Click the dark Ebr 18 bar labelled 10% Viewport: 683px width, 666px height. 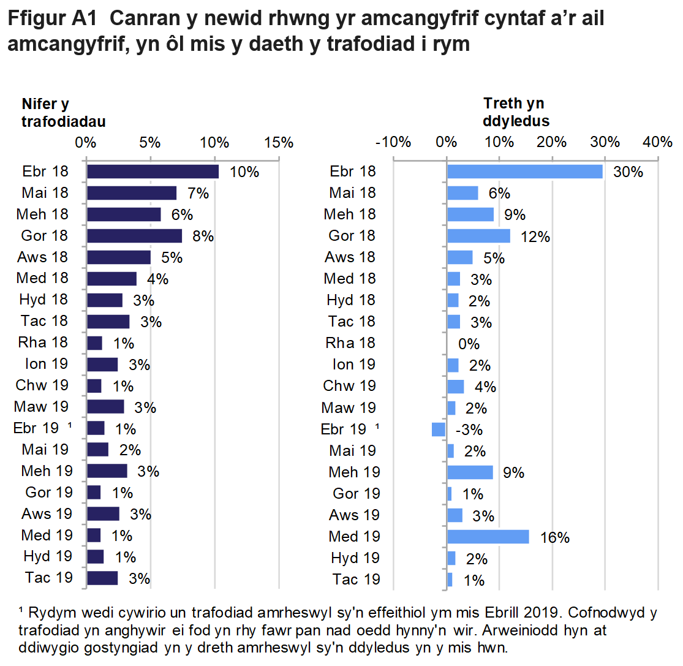pos(153,172)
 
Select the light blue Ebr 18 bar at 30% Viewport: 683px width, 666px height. pos(524,172)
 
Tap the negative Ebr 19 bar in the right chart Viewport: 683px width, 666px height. pos(439,429)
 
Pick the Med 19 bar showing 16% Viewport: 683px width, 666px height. pos(488,537)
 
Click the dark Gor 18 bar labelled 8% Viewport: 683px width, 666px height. pos(134,236)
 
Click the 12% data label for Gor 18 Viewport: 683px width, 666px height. pos(534,237)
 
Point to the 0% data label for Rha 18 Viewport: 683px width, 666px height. pos(469,344)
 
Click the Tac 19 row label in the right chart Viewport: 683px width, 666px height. pos(356,579)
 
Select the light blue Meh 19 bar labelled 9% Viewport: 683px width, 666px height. pos(470,472)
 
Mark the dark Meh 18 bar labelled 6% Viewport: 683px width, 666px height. pos(124,214)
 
